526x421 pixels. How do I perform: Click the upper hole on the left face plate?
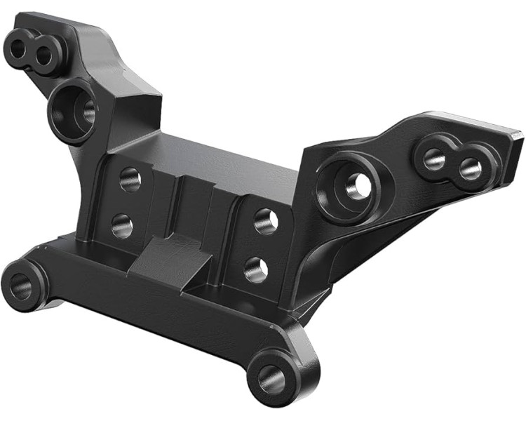(x=130, y=180)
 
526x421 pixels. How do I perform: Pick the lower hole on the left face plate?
(x=122, y=225)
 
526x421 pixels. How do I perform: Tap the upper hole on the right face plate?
(x=266, y=220)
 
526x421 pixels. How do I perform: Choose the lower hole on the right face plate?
(x=256, y=268)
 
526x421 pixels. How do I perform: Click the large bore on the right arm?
(x=354, y=185)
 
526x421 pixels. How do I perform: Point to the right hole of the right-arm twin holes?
(x=470, y=168)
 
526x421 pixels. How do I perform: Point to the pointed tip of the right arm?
(x=518, y=133)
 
